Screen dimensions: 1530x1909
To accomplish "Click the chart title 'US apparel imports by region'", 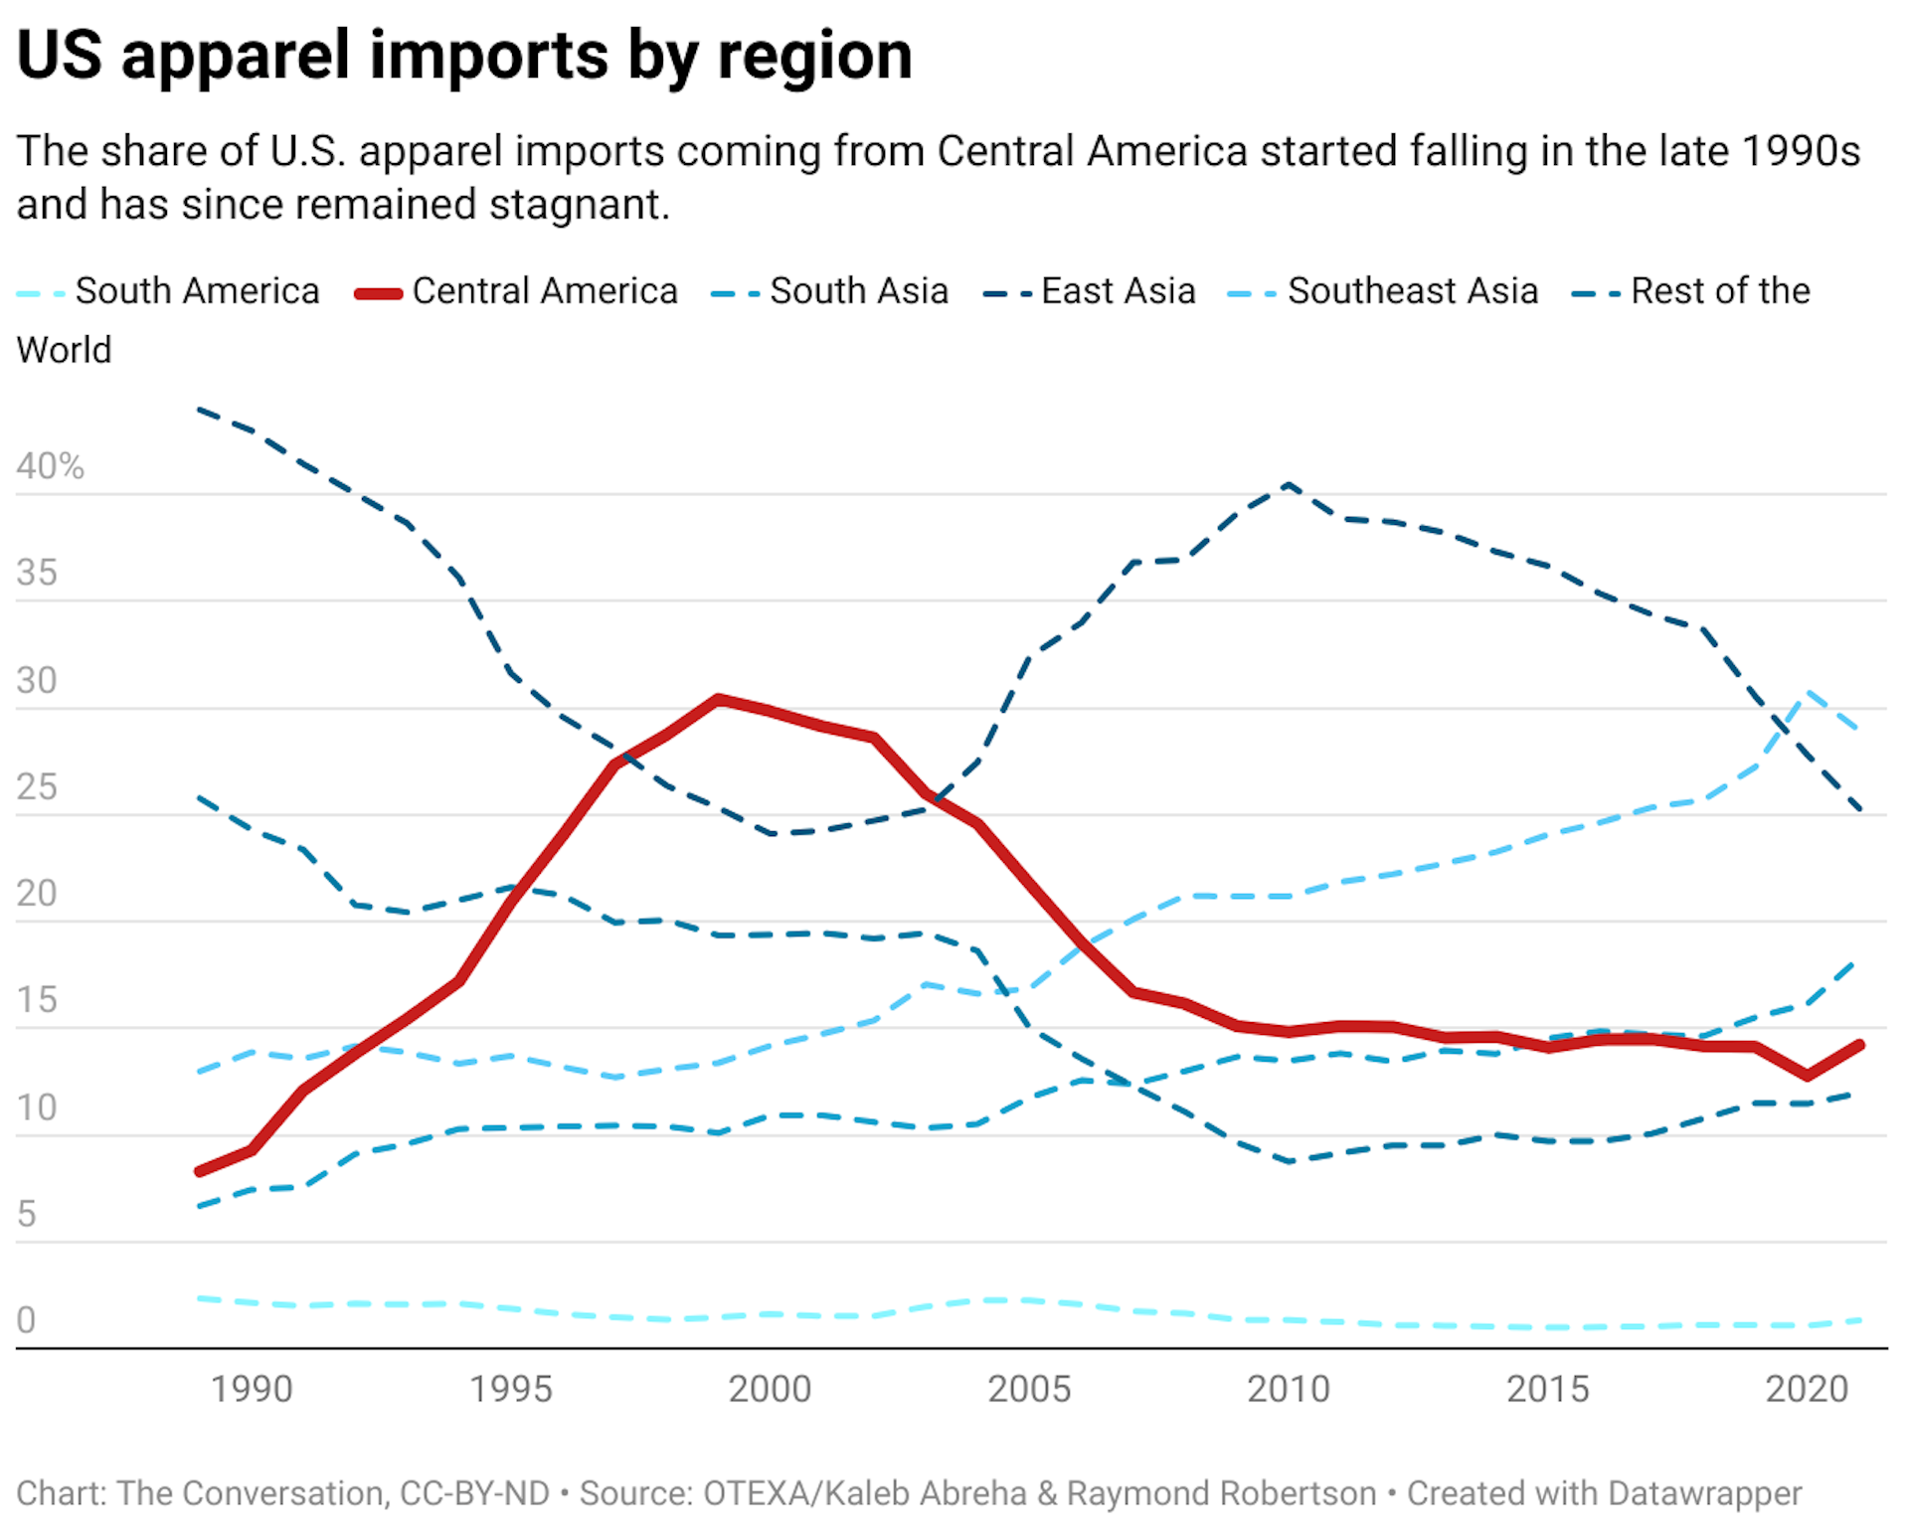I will tap(464, 56).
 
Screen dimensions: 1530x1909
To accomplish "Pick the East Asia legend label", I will tap(1118, 291).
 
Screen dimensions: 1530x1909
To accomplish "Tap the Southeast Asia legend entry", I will tap(1412, 291).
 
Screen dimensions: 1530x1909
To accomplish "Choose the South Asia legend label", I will tap(858, 291).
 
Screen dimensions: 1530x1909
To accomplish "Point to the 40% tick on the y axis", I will tap(50, 466).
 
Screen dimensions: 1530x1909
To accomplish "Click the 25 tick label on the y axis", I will tap(37, 787).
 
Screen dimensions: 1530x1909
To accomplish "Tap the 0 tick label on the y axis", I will tap(27, 1320).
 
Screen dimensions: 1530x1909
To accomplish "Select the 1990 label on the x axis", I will tap(252, 1389).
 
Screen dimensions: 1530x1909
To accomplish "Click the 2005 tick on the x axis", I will tap(1029, 1389).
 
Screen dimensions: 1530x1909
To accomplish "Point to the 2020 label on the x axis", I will tap(1807, 1389).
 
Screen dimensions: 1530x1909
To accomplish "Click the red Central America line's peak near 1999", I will tap(718, 700).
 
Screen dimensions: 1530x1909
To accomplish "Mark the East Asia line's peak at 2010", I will tap(1289, 485).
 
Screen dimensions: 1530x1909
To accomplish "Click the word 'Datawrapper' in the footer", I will tap(1704, 1493).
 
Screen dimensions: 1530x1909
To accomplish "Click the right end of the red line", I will tap(1859, 1045).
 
